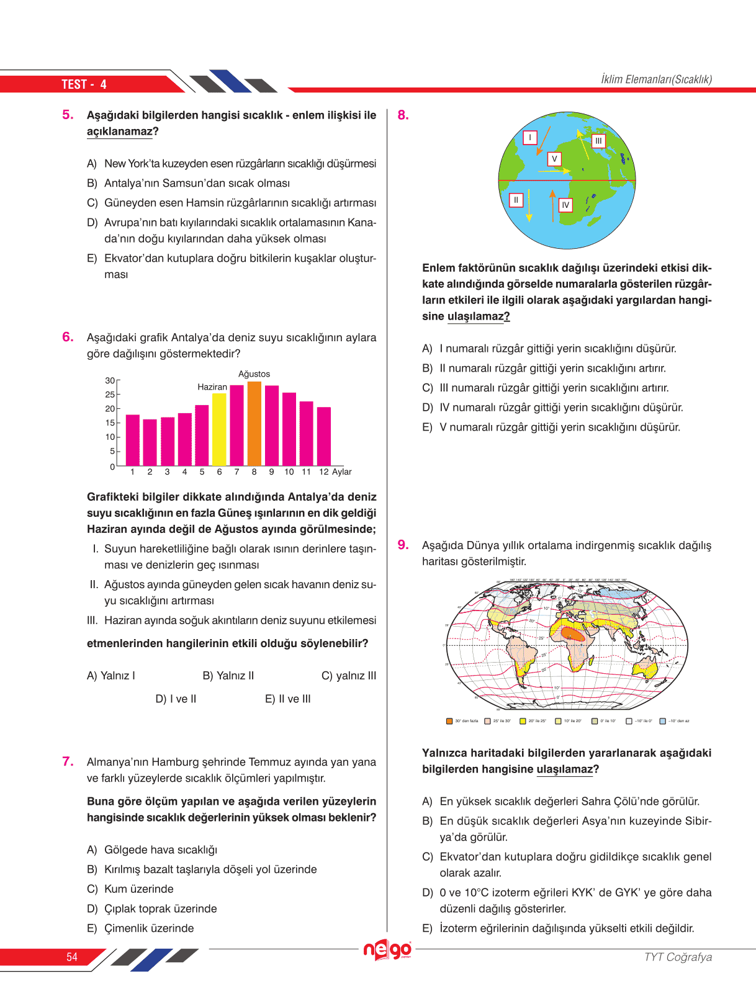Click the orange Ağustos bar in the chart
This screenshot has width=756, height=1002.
254,424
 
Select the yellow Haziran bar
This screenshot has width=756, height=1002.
219,429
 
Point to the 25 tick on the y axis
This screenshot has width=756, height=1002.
110,395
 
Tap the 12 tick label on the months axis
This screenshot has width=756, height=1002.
324,472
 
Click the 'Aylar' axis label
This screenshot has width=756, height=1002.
342,472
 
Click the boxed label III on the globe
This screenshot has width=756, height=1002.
598,141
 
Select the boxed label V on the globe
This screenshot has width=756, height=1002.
554,159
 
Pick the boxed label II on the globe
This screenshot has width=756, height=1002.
516,200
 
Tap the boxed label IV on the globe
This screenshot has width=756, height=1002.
565,205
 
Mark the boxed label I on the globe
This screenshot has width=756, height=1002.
529,137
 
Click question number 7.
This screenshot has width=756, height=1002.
68,761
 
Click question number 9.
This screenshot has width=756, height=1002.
403,545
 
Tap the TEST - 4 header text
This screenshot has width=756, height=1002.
84,84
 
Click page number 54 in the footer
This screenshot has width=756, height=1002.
72,957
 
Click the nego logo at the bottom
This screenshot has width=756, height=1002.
387,950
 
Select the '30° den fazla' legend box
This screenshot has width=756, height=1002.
449,721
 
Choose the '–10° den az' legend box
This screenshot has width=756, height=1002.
662,721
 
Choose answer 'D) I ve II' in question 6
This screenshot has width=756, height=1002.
176,699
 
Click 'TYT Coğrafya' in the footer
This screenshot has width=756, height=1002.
678,957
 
